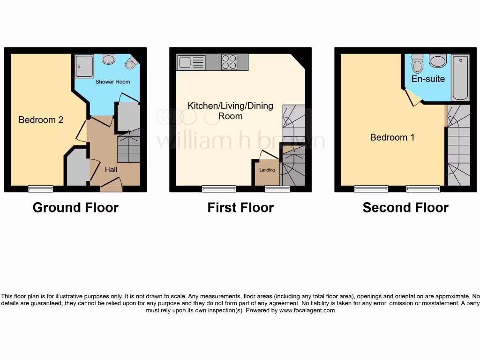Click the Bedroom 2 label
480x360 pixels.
[x=41, y=120]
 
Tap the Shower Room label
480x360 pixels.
[x=112, y=82]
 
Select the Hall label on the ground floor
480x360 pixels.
[x=111, y=169]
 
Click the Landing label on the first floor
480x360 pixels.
[x=267, y=170]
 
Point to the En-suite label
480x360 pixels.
[x=428, y=79]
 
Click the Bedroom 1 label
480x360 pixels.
[x=392, y=137]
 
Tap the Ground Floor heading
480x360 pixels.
[x=75, y=208]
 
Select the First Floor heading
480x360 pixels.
[x=240, y=208]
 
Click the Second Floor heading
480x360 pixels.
[x=405, y=208]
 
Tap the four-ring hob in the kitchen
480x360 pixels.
[x=229, y=62]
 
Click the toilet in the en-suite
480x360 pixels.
[x=417, y=63]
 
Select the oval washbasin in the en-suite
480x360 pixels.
[x=438, y=61]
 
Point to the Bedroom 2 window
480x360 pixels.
[x=40, y=188]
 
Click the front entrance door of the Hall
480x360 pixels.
[x=112, y=186]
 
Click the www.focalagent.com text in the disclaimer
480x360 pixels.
[x=307, y=310]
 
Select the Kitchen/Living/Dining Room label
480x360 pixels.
[x=230, y=111]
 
